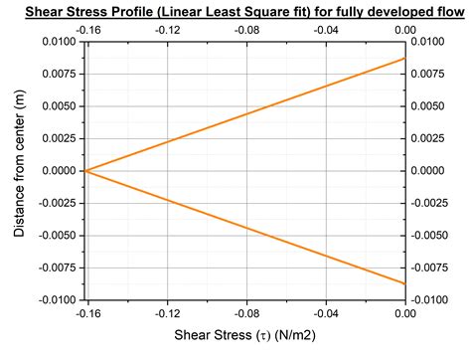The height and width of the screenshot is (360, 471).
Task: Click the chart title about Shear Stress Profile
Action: pos(235,10)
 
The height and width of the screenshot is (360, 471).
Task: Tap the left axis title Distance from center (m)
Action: pos(20,169)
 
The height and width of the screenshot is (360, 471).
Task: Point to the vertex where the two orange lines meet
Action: pos(86,171)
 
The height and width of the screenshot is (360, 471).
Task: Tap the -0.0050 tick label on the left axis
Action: pos(56,236)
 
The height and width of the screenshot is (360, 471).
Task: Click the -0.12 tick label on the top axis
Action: pos(166,30)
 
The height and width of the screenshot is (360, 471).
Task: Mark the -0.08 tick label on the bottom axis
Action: pos(245,313)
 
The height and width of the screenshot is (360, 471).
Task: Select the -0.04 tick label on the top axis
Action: pos(325,30)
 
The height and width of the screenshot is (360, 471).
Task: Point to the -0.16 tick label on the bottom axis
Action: pos(86,313)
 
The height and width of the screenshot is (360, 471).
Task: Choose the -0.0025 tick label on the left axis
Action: pos(56,204)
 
